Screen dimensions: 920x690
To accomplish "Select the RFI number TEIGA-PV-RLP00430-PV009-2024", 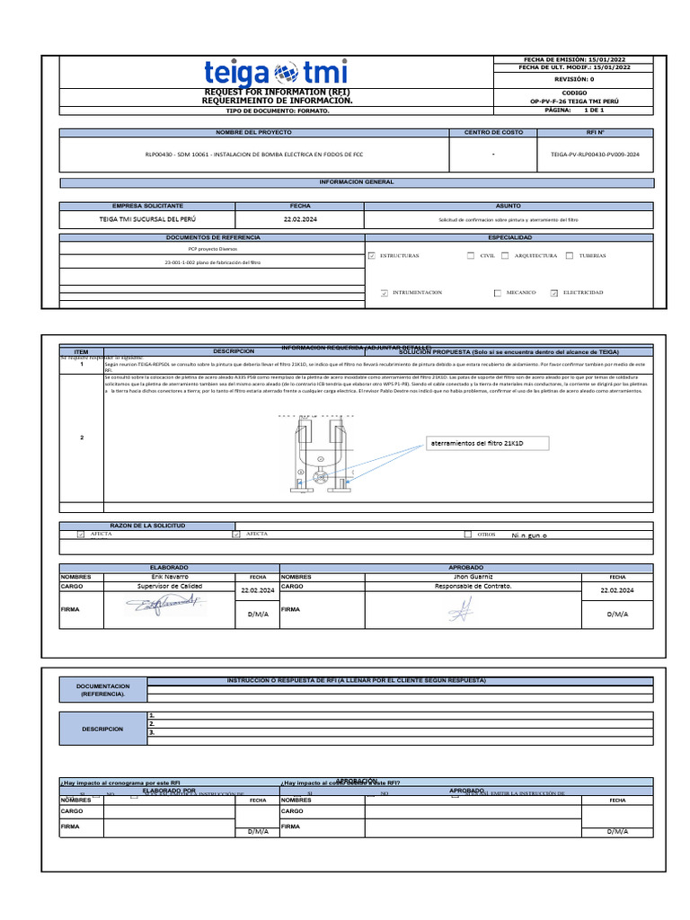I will click(595, 155).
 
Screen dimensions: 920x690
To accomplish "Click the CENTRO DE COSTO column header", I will click(493, 132).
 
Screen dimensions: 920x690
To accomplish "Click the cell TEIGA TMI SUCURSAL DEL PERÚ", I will click(147, 219).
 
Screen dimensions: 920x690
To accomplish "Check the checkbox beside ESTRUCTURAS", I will click(372, 256).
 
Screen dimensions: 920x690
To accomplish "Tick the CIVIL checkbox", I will click(471, 256).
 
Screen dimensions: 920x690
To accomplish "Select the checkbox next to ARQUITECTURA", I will click(506, 256).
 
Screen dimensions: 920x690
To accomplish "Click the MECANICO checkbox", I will click(498, 293).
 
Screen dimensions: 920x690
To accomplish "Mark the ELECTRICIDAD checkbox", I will click(554, 293).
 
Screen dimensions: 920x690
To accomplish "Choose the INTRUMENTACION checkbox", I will click(385, 293).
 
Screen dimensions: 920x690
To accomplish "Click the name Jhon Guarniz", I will click(473, 577).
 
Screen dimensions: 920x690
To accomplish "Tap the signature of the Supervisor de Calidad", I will click(164, 608).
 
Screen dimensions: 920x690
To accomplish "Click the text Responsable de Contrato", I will click(473, 586).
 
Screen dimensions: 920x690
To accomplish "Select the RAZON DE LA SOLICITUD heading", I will click(147, 525).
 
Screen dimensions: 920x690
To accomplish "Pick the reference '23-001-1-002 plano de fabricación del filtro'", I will click(212, 262).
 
